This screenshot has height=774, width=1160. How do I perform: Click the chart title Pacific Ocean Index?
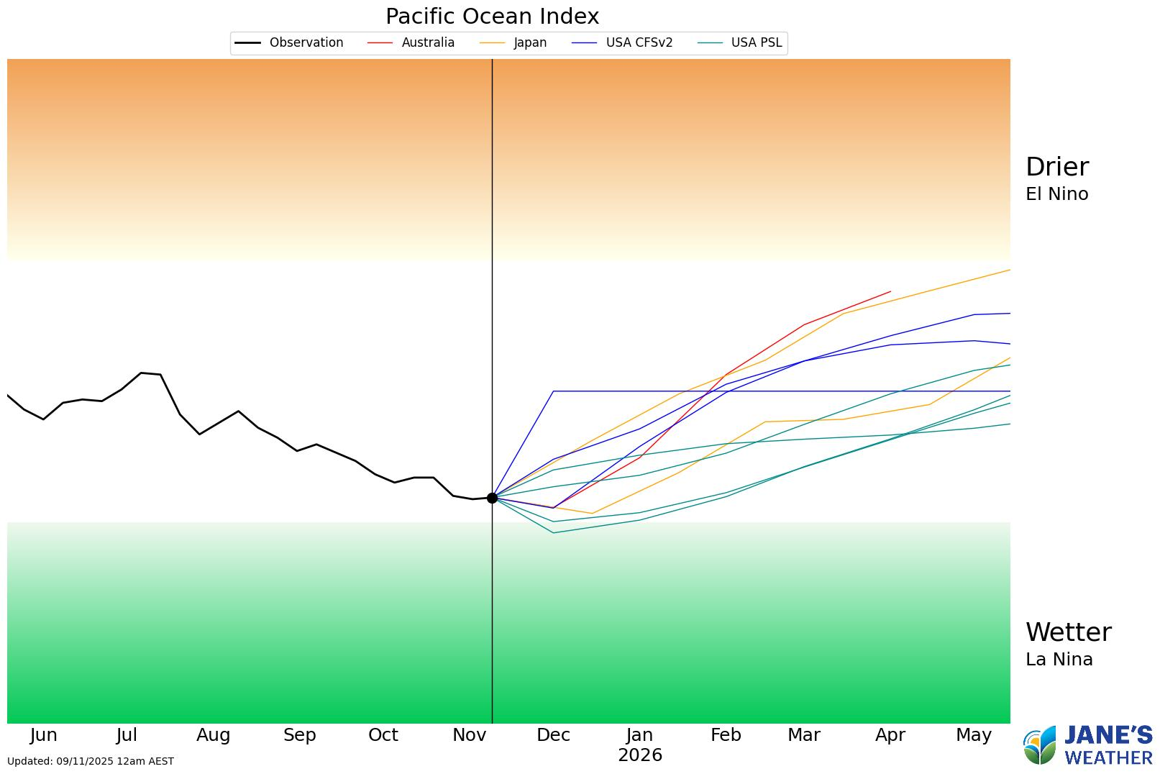[x=492, y=16]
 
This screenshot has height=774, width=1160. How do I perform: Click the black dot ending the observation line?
[x=492, y=498]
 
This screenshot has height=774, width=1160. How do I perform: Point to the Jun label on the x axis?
[x=43, y=735]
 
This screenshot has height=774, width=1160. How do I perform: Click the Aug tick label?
[x=213, y=735]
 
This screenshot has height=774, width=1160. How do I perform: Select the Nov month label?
[x=469, y=735]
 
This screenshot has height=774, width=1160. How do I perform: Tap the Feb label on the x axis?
[x=725, y=735]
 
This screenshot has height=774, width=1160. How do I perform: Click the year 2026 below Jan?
[x=639, y=755]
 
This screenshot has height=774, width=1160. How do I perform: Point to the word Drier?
[x=1056, y=167]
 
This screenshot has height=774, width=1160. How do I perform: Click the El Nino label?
[x=1056, y=194]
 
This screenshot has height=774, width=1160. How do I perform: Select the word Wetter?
[x=1068, y=632]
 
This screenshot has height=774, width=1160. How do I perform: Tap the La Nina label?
[x=1059, y=660]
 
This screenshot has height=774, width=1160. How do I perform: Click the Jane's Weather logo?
[x=1087, y=745]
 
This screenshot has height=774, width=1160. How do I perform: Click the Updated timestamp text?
[x=90, y=761]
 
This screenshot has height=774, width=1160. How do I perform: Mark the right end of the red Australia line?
[x=890, y=291]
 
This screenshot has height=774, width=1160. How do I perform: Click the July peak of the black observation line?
[x=141, y=373]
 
